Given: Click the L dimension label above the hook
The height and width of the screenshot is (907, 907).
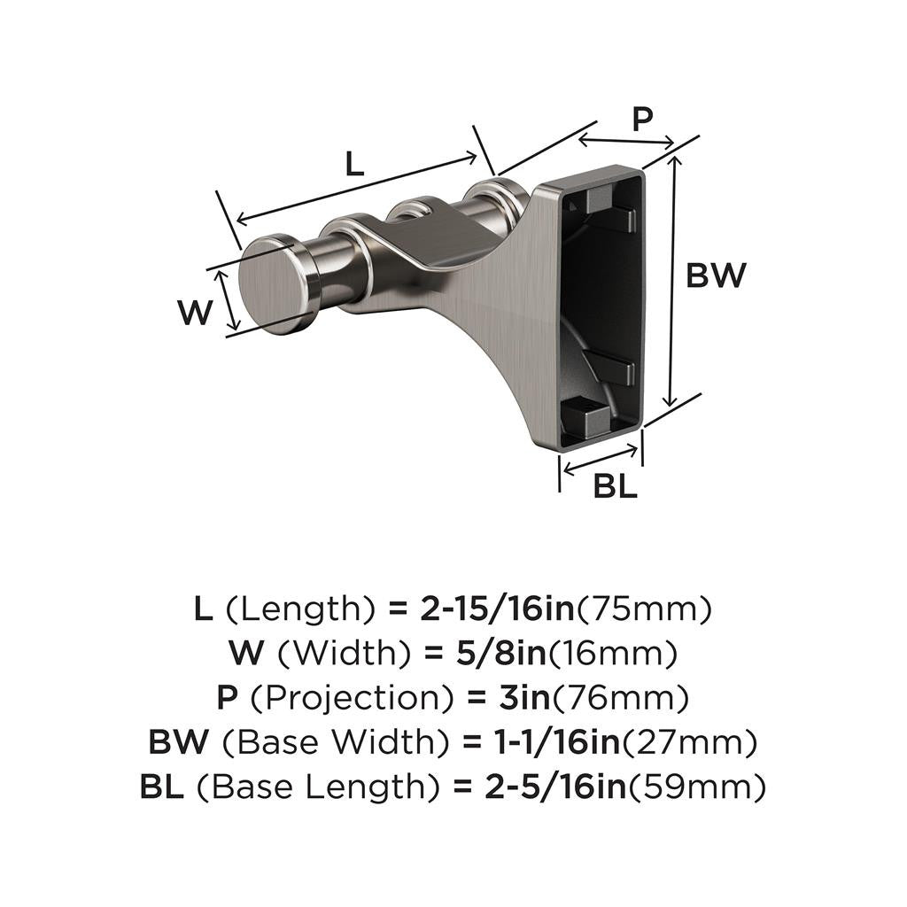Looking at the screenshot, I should pos(353,164).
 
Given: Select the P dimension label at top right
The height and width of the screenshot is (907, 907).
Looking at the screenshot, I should pos(644,118).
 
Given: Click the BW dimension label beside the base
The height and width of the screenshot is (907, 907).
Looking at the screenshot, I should pos(717,276).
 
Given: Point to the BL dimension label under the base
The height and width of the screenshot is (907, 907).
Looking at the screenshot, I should pos(615,487).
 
